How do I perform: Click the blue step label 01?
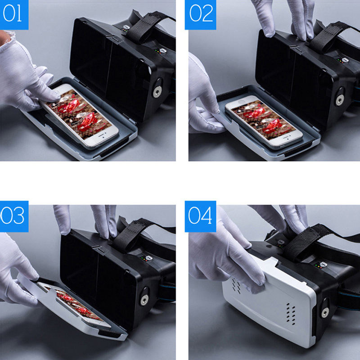tap(14, 15)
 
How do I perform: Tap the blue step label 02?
tap(200, 15)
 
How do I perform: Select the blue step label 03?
tap(14, 216)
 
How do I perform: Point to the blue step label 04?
tap(200, 216)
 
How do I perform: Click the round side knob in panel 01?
tap(157, 91)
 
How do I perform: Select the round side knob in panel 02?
tap(339, 100)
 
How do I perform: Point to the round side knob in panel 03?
tap(144, 299)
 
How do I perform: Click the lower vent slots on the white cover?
tap(291, 314)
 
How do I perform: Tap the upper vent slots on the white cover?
tap(237, 286)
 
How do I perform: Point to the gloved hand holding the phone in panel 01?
tap(25, 73)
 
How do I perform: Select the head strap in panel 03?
tap(133, 234)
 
